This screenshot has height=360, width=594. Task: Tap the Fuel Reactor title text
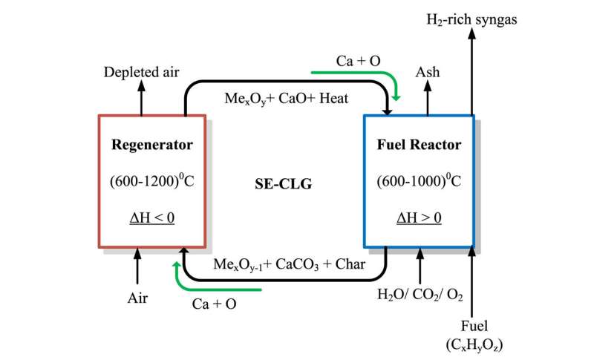(417, 145)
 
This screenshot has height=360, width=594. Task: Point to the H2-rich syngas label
(471, 20)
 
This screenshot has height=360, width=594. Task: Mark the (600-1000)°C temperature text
(417, 180)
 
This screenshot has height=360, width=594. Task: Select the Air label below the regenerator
(137, 298)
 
